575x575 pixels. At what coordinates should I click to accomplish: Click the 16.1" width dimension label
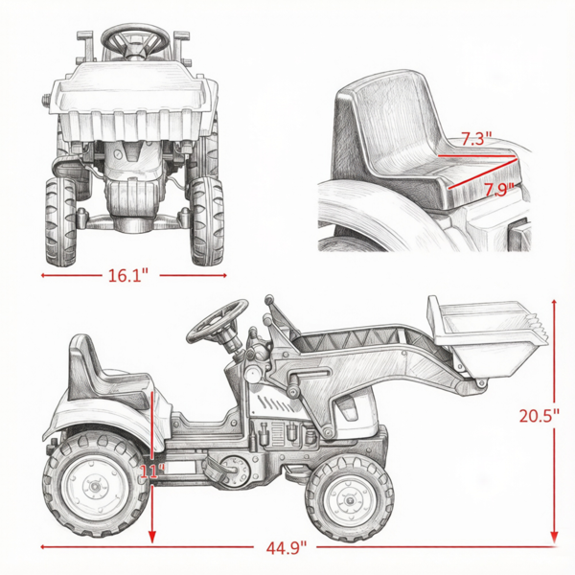point(128,275)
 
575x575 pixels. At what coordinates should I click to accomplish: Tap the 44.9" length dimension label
point(286,548)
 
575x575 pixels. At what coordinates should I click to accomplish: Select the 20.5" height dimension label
point(539,416)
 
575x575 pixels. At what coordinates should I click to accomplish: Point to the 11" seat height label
point(151,471)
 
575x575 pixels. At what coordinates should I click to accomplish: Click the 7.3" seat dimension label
point(476,139)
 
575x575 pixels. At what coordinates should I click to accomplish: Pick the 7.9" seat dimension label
point(498,190)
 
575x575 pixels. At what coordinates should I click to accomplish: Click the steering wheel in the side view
point(218,321)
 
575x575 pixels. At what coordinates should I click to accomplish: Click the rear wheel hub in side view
point(95,486)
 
